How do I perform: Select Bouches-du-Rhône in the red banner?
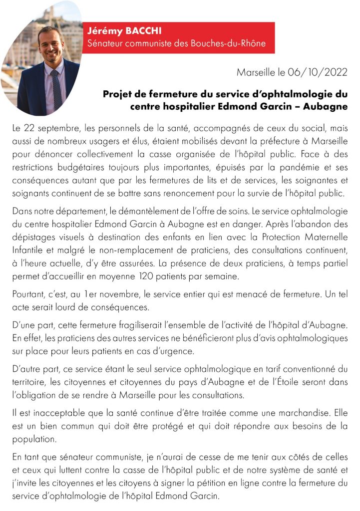pos(232,43)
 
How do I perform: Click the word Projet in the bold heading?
pos(118,94)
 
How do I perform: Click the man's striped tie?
pos(56,90)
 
